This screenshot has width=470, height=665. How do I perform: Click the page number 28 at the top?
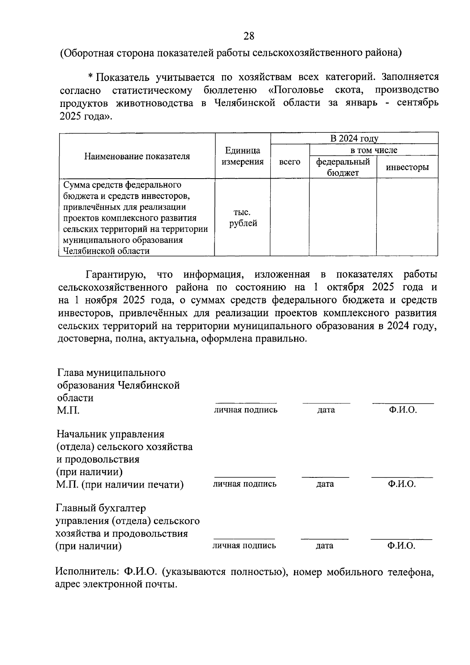pyautogui.click(x=249, y=36)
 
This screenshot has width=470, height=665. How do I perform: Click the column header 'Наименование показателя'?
pyautogui.click(x=137, y=156)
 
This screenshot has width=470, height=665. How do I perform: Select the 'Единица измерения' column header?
pyautogui.click(x=242, y=156)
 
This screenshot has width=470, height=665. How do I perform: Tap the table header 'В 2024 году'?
pyautogui.click(x=354, y=139)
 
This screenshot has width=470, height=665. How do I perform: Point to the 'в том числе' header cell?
pyautogui.click(x=373, y=150)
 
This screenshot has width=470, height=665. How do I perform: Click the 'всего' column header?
pyautogui.click(x=289, y=162)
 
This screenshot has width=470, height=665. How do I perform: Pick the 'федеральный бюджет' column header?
pyautogui.click(x=343, y=167)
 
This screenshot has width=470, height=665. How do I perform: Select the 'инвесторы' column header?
pyautogui.click(x=407, y=167)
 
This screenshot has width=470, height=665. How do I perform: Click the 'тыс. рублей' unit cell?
pyautogui.click(x=242, y=218)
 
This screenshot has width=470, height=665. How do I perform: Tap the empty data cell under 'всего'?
pyautogui.click(x=289, y=217)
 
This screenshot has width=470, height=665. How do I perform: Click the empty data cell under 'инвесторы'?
pyautogui.click(x=407, y=217)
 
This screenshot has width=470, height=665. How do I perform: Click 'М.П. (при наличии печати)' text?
pyautogui.click(x=120, y=484)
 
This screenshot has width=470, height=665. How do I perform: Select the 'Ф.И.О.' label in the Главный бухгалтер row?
pyautogui.click(x=401, y=546)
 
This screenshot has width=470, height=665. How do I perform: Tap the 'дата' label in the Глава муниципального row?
pyautogui.click(x=326, y=410)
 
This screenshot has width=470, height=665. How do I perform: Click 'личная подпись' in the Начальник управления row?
pyautogui.click(x=244, y=484)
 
